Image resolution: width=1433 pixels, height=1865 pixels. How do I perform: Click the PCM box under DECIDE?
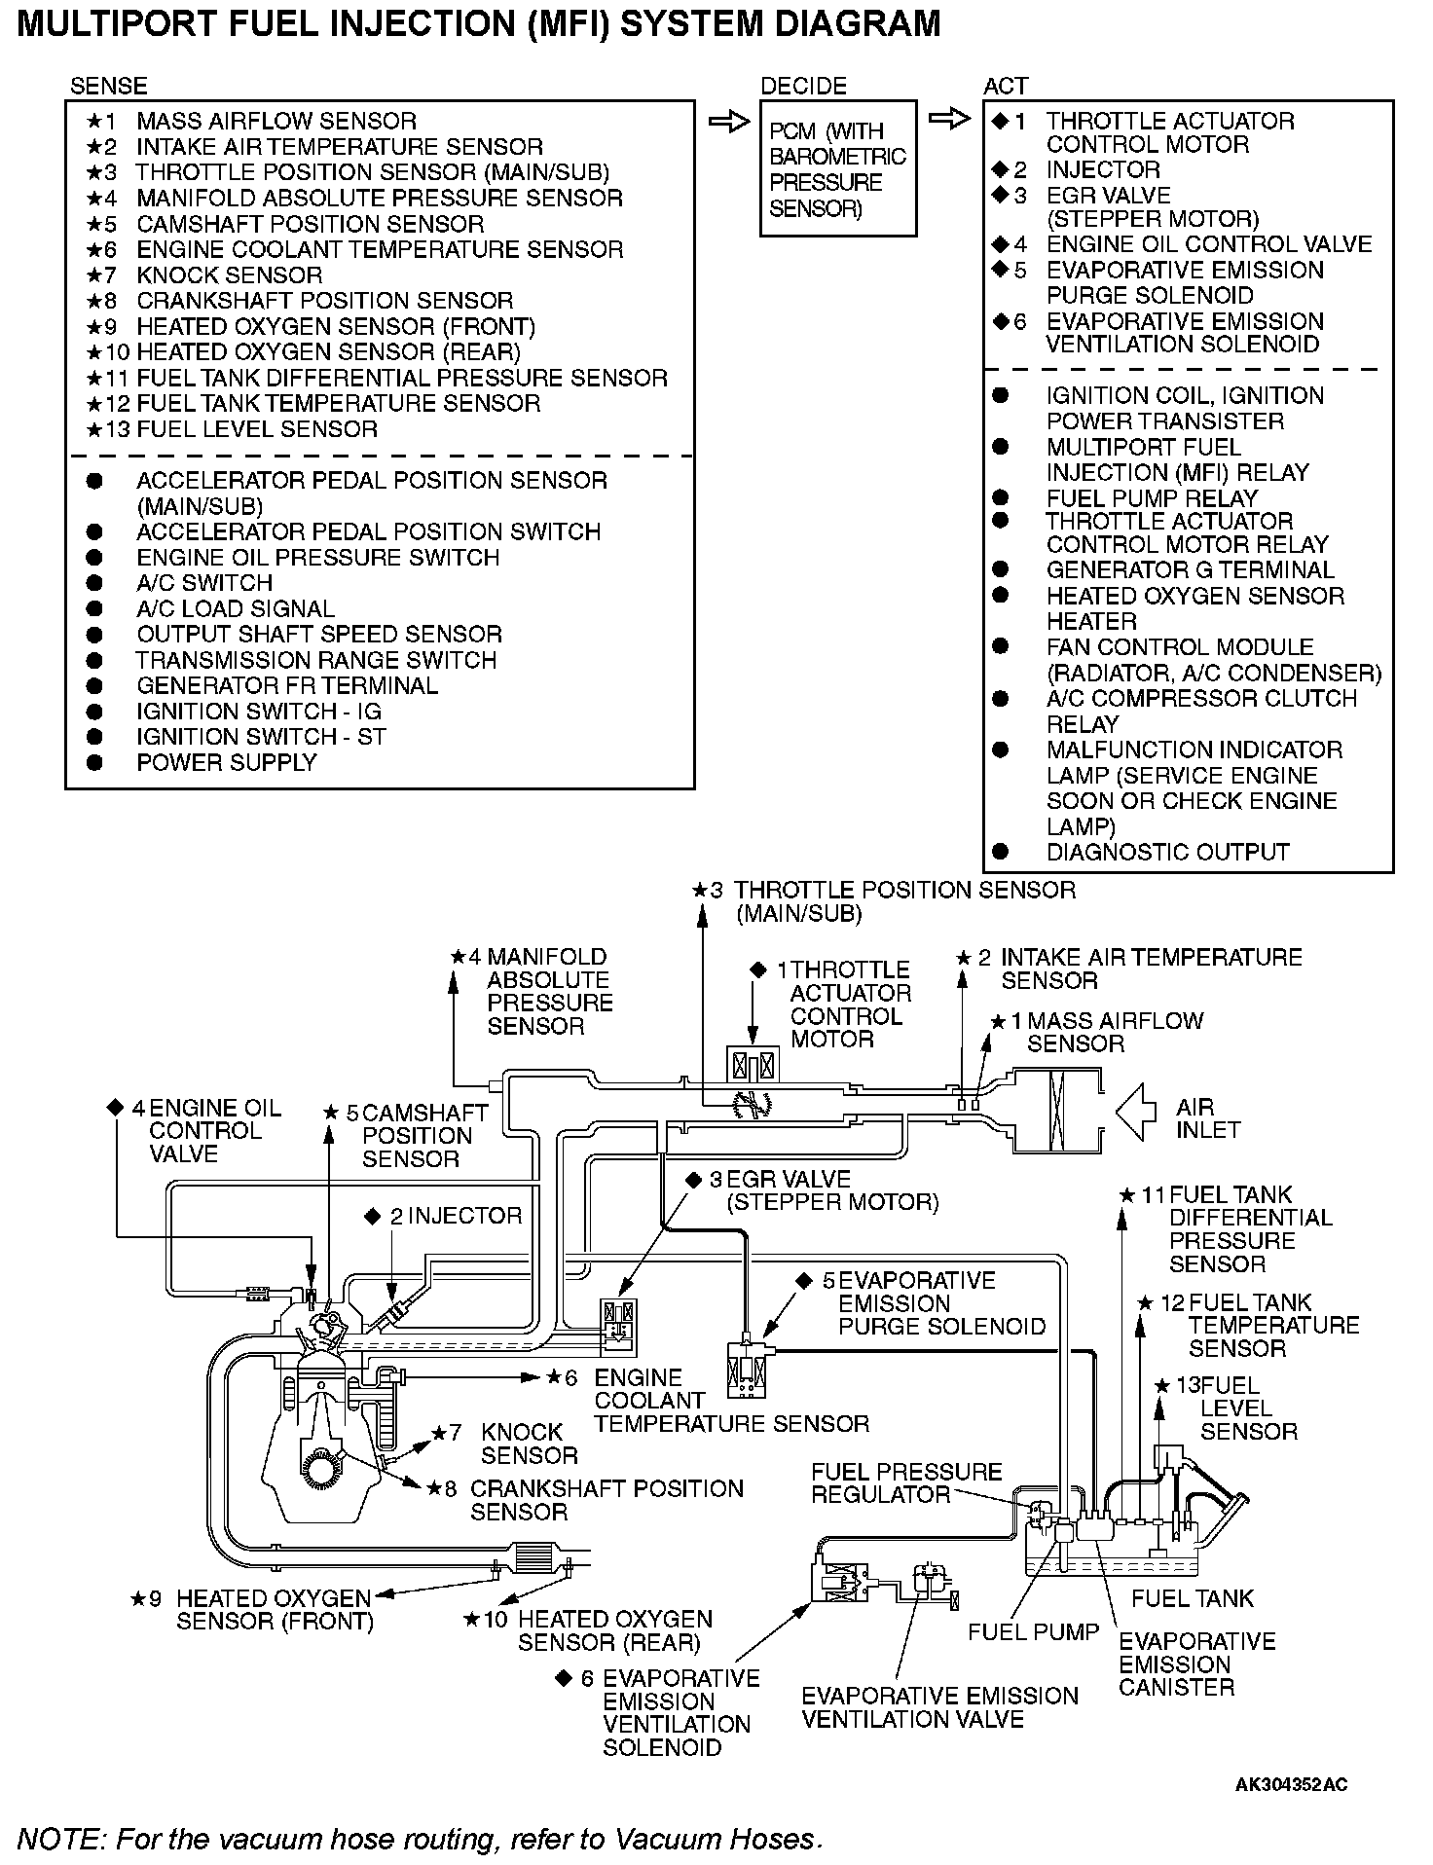tap(837, 168)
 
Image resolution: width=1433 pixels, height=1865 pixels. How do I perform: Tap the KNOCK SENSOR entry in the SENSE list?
tap(229, 275)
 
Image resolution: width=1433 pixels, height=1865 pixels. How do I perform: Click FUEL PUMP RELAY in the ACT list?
tap(1152, 497)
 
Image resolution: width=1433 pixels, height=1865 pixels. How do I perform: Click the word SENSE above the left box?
tap(108, 86)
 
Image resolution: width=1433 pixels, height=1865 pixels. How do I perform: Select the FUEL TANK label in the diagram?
tap(1193, 1598)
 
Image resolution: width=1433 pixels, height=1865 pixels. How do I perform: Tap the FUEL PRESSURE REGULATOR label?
tap(905, 1482)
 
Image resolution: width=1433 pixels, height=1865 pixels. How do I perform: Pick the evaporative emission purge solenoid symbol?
tap(748, 1370)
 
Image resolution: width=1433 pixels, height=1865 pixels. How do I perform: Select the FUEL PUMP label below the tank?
tap(1033, 1631)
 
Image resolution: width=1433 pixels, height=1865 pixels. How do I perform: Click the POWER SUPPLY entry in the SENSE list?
tap(226, 763)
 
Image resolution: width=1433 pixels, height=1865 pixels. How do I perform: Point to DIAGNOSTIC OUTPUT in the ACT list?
tap(1167, 853)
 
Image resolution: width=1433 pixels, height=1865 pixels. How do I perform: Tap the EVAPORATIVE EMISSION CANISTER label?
tap(1195, 1664)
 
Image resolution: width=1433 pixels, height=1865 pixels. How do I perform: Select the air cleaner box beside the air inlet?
tap(1057, 1110)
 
